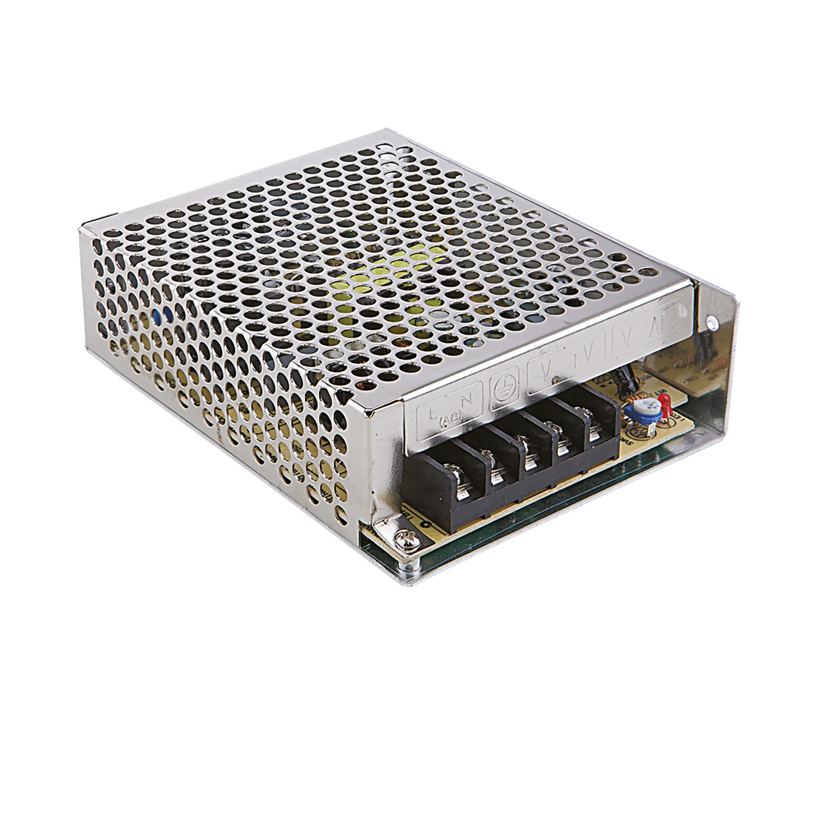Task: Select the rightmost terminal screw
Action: click(x=595, y=422)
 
